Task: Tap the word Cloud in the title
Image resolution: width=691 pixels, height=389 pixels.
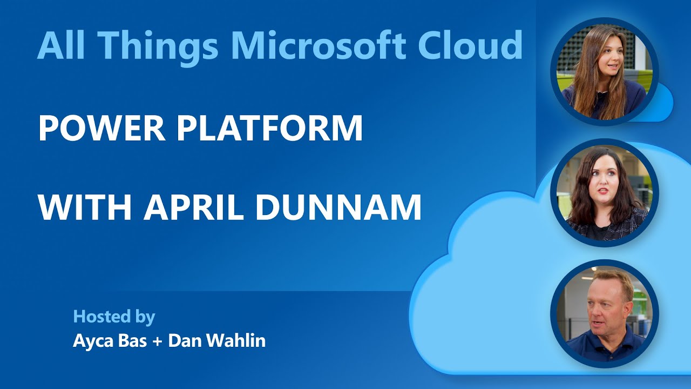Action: [470, 45]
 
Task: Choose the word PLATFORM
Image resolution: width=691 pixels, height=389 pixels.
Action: [270, 129]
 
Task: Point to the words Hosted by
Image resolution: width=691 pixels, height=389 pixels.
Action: [114, 317]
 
